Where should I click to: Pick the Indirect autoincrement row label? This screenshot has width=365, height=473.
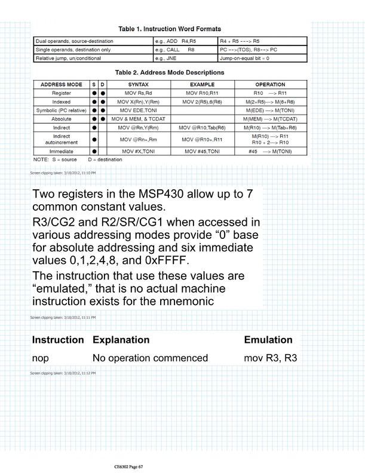[59, 140]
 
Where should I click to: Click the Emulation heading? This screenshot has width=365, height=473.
[268, 340]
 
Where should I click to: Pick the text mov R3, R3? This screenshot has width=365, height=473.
[267, 358]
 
